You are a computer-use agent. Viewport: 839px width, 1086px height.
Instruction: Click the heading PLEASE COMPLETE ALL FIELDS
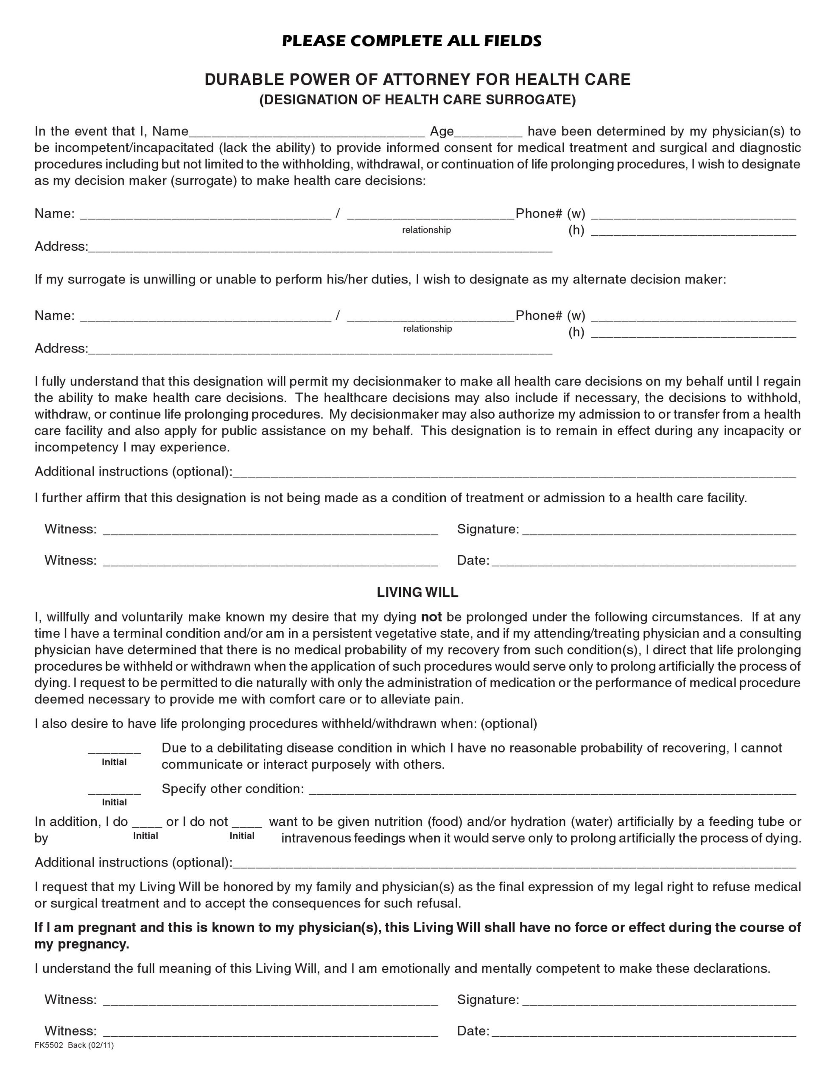pyautogui.click(x=412, y=41)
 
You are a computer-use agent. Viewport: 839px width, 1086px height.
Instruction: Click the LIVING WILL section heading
pyautogui.click(x=417, y=592)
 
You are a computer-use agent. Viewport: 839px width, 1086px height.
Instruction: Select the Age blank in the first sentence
pyautogui.click(x=488, y=132)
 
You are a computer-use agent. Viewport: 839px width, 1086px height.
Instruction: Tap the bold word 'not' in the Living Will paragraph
pyautogui.click(x=431, y=617)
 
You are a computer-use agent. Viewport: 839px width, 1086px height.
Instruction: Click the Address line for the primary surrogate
pyautogui.click(x=320, y=248)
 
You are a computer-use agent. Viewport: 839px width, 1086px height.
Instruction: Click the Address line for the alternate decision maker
pyautogui.click(x=320, y=350)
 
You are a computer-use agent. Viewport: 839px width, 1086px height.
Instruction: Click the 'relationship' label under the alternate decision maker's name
pyautogui.click(x=427, y=329)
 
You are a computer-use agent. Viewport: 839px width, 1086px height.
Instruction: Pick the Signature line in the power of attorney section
pyautogui.click(x=659, y=531)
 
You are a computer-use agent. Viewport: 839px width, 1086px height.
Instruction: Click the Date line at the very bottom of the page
pyautogui.click(x=643, y=1032)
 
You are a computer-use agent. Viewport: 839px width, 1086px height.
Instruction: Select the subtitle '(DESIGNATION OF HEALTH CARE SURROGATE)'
pyautogui.click(x=417, y=100)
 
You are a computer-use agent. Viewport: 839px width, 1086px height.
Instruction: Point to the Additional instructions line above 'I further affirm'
pyautogui.click(x=514, y=473)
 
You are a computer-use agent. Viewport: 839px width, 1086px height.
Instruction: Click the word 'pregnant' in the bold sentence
pyautogui.click(x=105, y=927)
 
